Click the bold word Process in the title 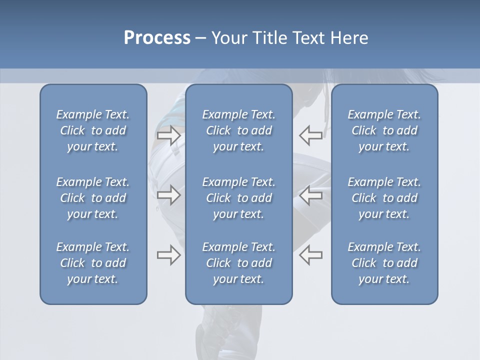click(x=157, y=38)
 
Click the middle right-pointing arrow click(x=169, y=195)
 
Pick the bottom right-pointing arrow click(x=169, y=255)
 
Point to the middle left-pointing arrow click(x=310, y=195)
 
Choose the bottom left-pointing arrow click(x=310, y=255)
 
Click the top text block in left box click(x=93, y=130)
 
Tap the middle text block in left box click(x=93, y=198)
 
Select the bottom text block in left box click(x=93, y=263)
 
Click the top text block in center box click(x=238, y=130)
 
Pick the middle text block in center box click(x=238, y=198)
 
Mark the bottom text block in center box click(x=238, y=263)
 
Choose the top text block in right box click(x=384, y=130)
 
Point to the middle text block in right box click(x=384, y=198)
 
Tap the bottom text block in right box click(x=384, y=263)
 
